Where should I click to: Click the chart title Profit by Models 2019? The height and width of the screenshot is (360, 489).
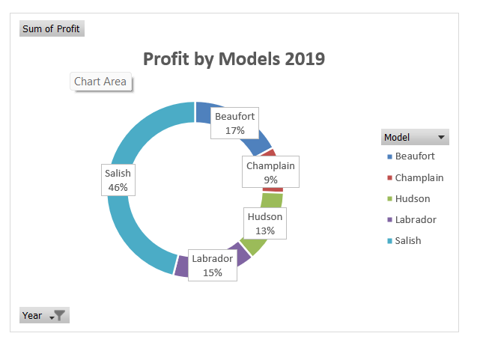[x=234, y=59]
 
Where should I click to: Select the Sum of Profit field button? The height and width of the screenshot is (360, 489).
[x=51, y=29]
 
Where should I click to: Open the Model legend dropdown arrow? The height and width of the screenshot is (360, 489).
[x=441, y=138]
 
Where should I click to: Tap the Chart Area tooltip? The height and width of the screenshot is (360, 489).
[x=100, y=82]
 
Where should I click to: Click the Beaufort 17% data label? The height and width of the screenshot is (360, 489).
[x=234, y=123]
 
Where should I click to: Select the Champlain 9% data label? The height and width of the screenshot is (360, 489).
[x=270, y=172]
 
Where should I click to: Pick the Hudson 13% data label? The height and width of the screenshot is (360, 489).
[x=265, y=224]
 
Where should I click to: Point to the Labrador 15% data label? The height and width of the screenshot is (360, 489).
[x=212, y=266]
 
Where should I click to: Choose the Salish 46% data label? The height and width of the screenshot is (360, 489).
[x=118, y=180]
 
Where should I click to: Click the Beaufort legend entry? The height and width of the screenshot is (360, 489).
[x=414, y=156]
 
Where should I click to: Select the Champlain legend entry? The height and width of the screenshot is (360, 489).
[x=419, y=178]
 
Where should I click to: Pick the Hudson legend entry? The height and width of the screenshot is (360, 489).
[x=412, y=199]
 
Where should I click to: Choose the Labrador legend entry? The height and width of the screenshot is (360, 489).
[x=415, y=220]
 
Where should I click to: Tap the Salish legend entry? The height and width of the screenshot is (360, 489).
[x=408, y=241]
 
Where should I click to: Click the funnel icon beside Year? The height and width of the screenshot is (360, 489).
[x=60, y=316]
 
